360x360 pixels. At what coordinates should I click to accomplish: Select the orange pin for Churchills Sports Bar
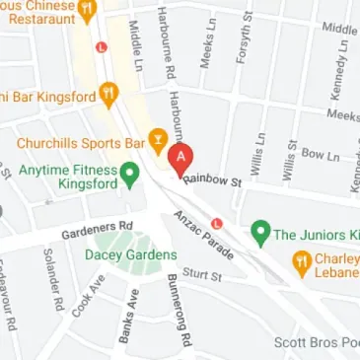(x=156, y=139)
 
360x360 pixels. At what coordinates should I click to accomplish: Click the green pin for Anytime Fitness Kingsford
(x=128, y=174)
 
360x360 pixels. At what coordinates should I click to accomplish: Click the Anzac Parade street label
(x=206, y=232)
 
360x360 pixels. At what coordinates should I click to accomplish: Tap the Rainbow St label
(x=212, y=181)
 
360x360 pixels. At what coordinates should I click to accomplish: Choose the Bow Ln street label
(x=320, y=155)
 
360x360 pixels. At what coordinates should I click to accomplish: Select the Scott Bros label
(x=316, y=342)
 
